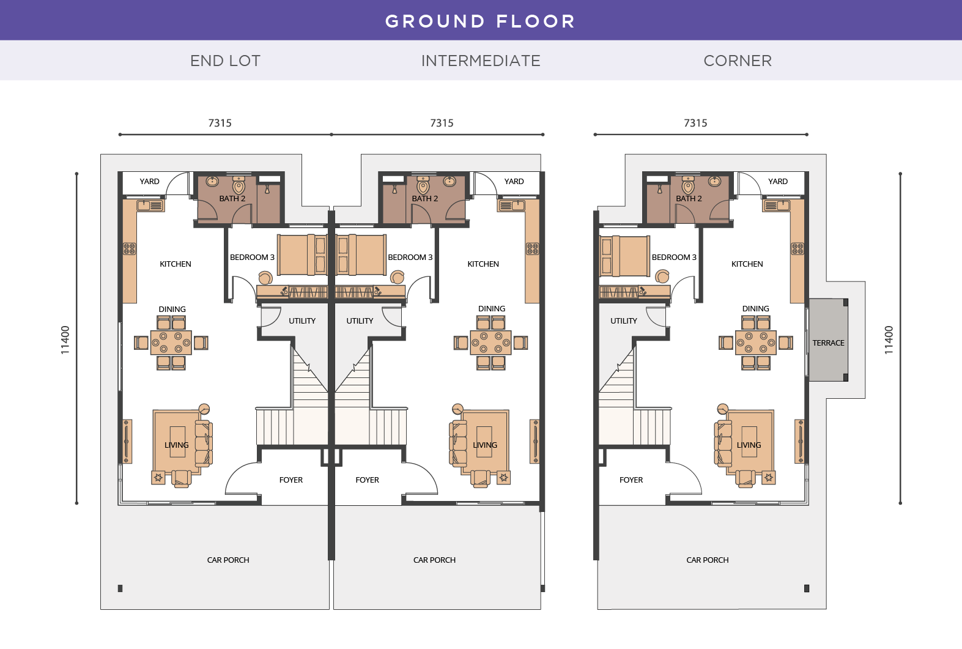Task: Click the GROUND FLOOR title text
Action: click(480, 21)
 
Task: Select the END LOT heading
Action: click(225, 61)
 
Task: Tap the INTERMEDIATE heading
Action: click(481, 61)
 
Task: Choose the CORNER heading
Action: click(738, 61)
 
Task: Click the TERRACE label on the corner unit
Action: click(828, 343)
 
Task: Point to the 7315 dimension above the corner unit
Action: click(695, 123)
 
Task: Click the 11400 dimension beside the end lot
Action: click(65, 339)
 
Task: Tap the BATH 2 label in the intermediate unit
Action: click(424, 199)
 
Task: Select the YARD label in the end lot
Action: click(149, 182)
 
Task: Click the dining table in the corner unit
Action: click(756, 343)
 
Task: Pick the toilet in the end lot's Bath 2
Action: click(239, 185)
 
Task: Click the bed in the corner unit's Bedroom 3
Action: click(624, 256)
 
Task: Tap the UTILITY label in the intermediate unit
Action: click(360, 321)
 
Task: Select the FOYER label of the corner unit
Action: click(631, 480)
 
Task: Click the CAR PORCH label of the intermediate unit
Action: click(434, 560)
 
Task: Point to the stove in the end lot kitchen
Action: click(130, 248)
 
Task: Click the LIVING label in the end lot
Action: click(176, 445)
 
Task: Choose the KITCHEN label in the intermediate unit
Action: click(483, 264)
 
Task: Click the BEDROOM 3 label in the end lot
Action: click(252, 258)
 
